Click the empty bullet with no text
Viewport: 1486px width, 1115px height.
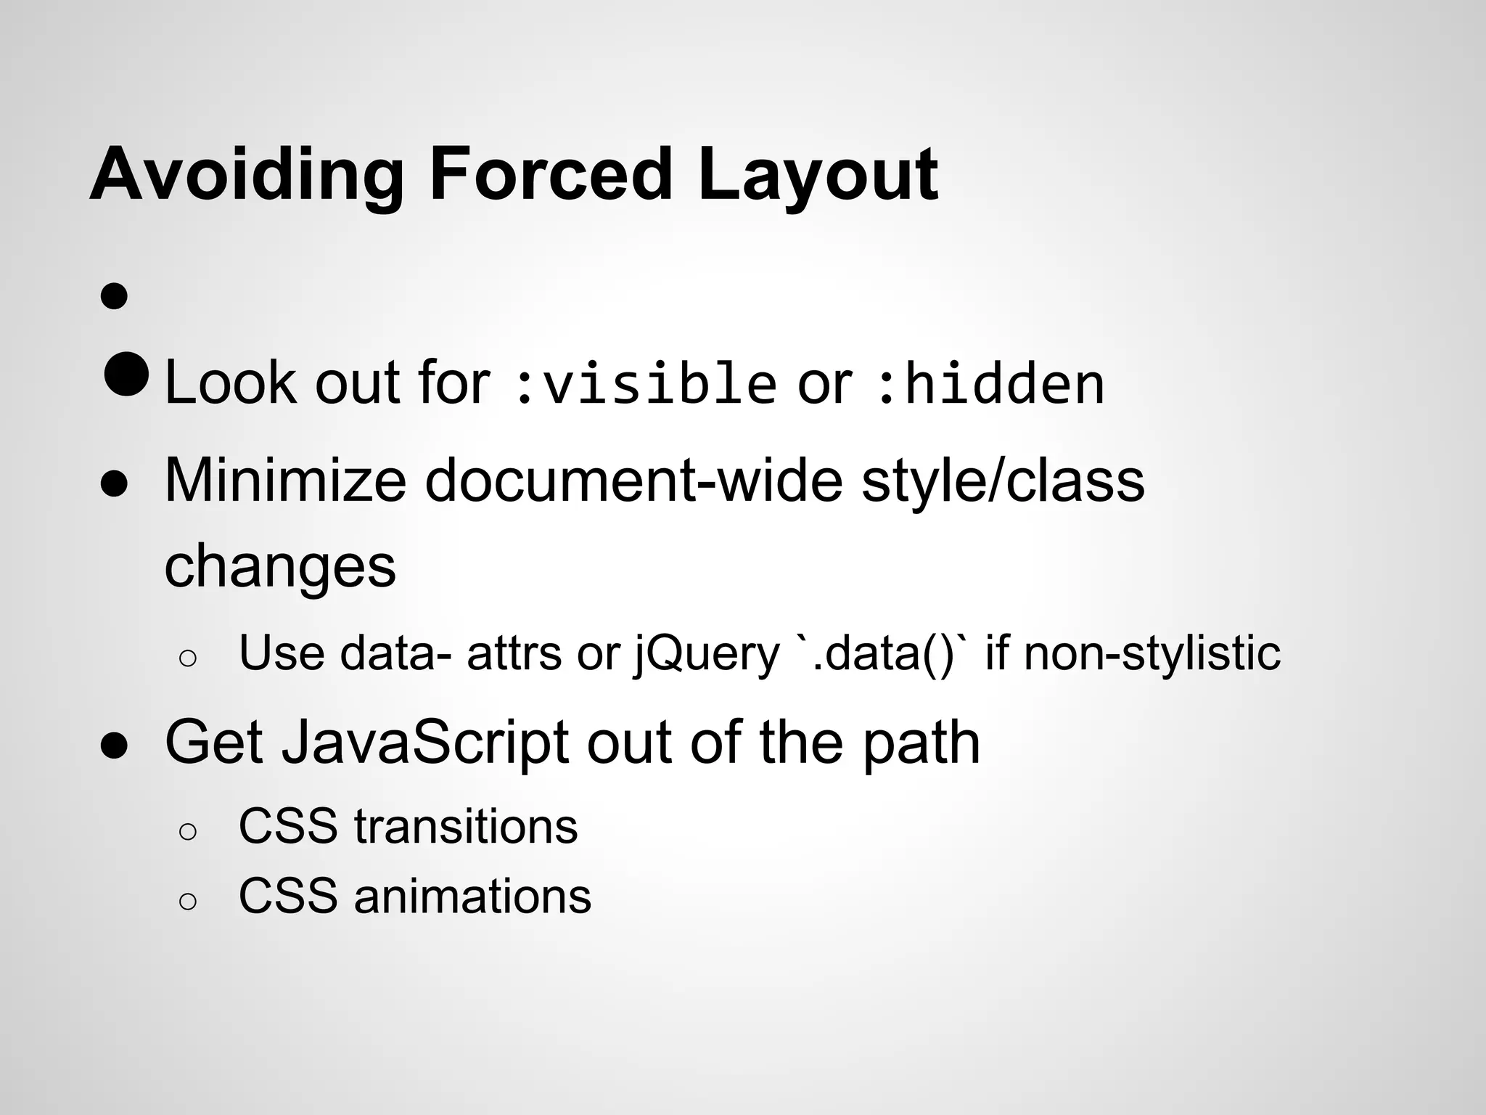115,296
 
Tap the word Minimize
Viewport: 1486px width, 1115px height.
285,481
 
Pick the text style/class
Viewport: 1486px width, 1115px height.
1003,481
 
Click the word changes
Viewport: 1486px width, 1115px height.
280,567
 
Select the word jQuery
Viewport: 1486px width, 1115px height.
707,653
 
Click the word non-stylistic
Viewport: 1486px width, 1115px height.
1152,653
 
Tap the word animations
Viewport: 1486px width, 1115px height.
472,896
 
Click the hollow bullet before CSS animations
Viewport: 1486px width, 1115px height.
187,902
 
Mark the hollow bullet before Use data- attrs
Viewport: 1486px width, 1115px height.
187,658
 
